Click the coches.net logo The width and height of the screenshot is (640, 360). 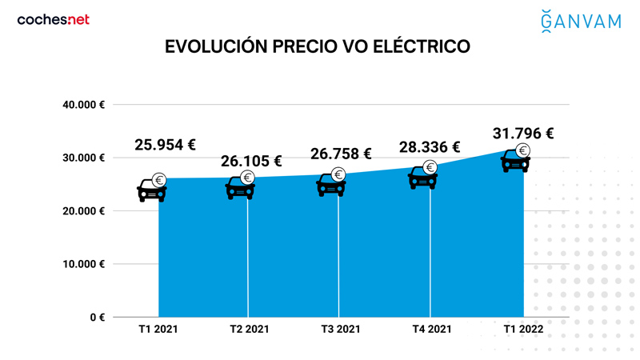53,20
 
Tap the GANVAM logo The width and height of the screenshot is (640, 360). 580,20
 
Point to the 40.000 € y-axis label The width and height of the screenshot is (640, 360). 84,105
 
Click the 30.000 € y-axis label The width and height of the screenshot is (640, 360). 84,158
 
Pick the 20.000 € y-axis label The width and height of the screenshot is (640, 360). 84,211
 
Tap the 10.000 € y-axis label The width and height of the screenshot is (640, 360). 84,264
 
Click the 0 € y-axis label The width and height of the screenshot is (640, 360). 97,318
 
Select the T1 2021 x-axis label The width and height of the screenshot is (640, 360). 158,330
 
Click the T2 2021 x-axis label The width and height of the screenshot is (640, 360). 249,330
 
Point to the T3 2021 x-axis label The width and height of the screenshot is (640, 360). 340,330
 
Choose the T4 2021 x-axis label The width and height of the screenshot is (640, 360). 431,330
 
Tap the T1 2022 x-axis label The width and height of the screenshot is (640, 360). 523,330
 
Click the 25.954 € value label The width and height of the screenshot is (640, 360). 165,145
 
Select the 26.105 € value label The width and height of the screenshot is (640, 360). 251,162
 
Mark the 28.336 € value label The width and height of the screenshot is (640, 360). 430,147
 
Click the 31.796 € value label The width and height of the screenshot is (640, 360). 523,133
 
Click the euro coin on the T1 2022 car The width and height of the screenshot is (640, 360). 523,150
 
